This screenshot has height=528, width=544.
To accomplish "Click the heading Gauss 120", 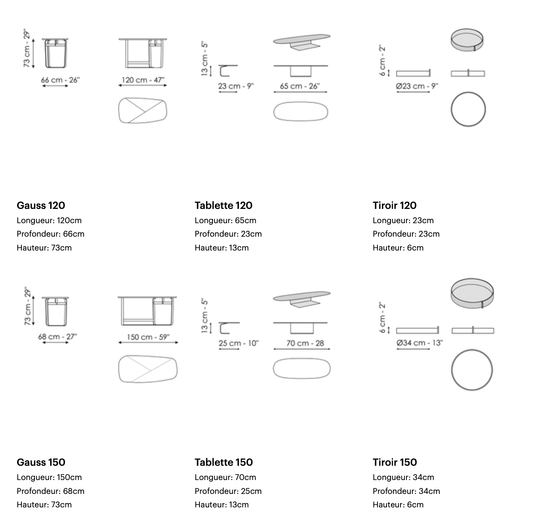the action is [41, 205].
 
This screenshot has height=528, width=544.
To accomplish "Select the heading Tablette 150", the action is [224, 462].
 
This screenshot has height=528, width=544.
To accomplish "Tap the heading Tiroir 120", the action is [395, 205].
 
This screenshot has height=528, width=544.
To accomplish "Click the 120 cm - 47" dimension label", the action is [143, 80].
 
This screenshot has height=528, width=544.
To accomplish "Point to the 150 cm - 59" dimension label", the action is [148, 337].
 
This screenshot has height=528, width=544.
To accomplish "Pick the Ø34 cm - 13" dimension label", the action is [419, 342].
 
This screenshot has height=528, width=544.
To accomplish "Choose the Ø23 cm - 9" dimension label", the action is [417, 86].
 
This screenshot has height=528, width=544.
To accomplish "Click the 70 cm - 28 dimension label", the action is [305, 343].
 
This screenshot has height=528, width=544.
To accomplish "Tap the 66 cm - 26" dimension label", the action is [60, 80].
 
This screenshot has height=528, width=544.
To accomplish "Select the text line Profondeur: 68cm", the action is [51, 491].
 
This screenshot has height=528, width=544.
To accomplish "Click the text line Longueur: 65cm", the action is [225, 220].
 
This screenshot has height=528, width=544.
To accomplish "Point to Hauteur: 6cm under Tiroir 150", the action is [398, 505].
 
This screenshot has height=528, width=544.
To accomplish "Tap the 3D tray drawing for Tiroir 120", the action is [467, 40].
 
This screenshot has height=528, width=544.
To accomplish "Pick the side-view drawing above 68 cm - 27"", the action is [56, 311].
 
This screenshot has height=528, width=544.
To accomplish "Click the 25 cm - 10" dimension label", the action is [238, 343].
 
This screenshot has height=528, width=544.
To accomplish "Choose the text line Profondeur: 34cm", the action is [406, 491].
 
